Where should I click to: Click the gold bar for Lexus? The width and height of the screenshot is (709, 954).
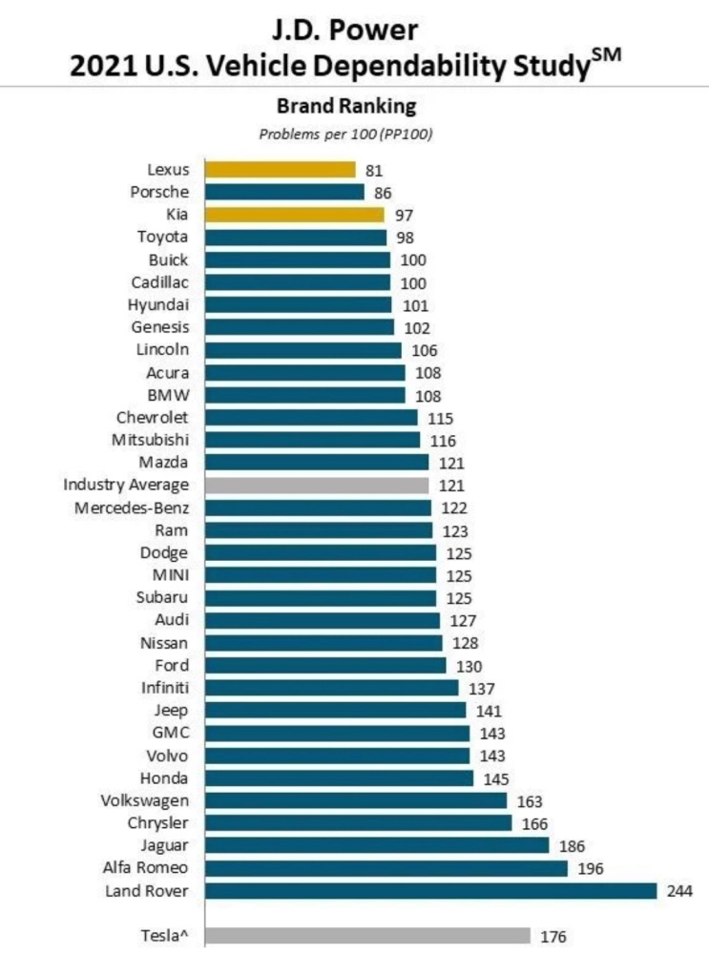(x=280, y=170)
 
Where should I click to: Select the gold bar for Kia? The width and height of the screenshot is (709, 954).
(x=294, y=215)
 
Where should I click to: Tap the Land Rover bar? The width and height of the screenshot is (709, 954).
(x=430, y=890)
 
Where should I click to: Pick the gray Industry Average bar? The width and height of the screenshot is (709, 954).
(x=316, y=485)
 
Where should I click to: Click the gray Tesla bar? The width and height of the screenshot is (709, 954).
(x=367, y=936)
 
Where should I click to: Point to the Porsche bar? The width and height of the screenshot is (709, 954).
(x=283, y=192)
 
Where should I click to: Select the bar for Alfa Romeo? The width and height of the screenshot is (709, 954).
(x=386, y=868)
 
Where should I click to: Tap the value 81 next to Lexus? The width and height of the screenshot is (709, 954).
(x=373, y=170)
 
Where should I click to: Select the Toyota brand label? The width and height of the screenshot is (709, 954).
(x=162, y=237)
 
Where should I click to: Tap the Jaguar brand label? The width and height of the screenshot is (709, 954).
(x=164, y=845)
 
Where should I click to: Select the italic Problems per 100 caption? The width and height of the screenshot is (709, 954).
(x=346, y=134)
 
